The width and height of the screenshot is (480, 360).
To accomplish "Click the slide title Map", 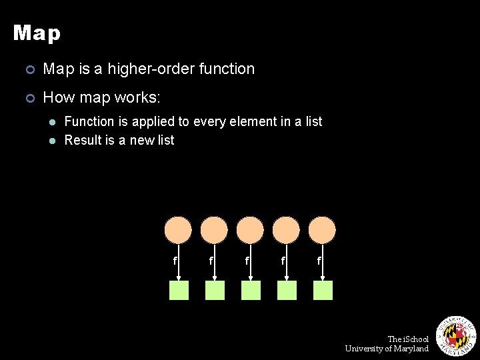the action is point(37,33).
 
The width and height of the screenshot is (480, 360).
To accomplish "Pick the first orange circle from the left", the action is point(179,230).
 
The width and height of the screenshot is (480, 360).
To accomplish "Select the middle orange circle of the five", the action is point(251,230).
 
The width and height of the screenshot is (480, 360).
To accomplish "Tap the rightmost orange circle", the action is point(323,230).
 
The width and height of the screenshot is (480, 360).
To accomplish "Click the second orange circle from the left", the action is point(215,230).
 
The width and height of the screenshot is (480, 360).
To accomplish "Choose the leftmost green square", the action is point(179,291).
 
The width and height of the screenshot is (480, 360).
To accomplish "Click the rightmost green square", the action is point(323,291).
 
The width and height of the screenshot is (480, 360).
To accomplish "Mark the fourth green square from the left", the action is point(287,291).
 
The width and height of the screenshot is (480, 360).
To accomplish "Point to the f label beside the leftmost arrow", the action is point(175,261).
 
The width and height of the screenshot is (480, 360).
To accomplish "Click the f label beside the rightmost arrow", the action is point(319,261).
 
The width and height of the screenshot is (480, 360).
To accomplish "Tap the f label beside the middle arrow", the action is point(247,261).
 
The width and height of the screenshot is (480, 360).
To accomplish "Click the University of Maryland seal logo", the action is point(455,335).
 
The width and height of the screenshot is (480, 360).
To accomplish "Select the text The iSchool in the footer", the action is point(408,339).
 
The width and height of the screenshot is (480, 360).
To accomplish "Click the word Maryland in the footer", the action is point(411,349).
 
